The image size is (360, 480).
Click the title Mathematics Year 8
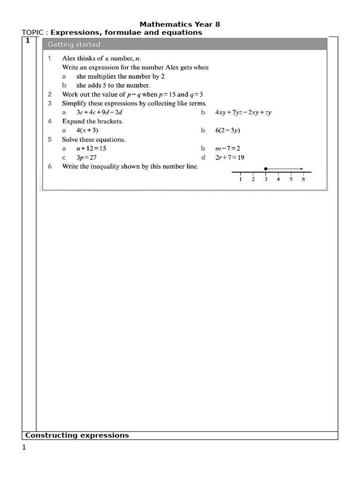[x=180, y=24]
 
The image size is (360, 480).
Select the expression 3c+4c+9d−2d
[x=100, y=112]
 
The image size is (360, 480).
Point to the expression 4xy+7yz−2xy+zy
[x=243, y=112]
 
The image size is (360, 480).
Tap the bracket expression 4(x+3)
[x=87, y=130]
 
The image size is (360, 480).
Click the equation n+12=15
[x=91, y=149]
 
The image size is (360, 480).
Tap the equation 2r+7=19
[x=231, y=157]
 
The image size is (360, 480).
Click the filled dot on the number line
[x=266, y=168]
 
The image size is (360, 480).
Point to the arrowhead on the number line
[x=302, y=168]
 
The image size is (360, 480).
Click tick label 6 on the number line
[x=303, y=179]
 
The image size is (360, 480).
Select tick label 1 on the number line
[x=240, y=179]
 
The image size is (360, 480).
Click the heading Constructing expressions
[x=77, y=435]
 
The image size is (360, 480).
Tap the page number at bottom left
[x=24, y=448]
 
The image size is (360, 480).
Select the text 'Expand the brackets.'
[x=92, y=121]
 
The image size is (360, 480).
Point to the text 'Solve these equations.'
[x=93, y=140]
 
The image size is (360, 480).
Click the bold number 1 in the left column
[x=28, y=41]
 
